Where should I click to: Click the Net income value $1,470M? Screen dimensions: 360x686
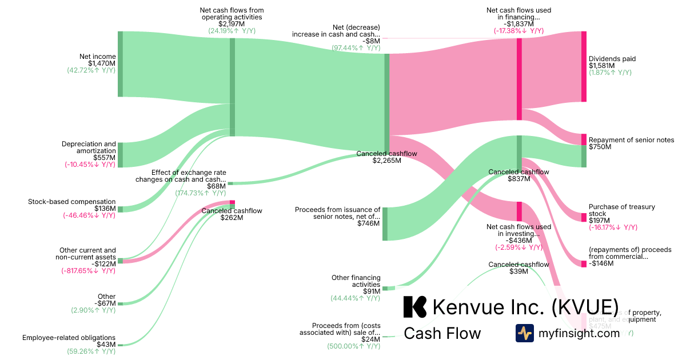pyautogui.click(x=102, y=63)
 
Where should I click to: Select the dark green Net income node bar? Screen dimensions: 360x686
pyautogui.click(x=120, y=64)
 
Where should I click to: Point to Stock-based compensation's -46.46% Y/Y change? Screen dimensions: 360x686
pyautogui.click(x=89, y=215)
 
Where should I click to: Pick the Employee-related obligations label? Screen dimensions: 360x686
pyautogui.click(x=69, y=338)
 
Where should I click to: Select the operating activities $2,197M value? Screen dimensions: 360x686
pyautogui.click(x=232, y=24)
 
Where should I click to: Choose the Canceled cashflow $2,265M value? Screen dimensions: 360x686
pyautogui.click(x=387, y=161)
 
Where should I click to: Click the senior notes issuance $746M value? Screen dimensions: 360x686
pyautogui.click(x=368, y=223)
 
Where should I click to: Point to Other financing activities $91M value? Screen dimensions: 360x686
pyautogui.click(x=369, y=291)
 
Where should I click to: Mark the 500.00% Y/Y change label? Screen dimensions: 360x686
pyautogui.click(x=353, y=346)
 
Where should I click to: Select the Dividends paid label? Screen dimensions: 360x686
pyautogui.click(x=612, y=59)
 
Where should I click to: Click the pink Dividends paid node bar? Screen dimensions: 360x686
pyautogui.click(x=584, y=66)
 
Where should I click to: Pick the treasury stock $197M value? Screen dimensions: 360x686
pyautogui.click(x=599, y=221)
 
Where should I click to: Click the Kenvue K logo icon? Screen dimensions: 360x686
pyautogui.click(x=414, y=307)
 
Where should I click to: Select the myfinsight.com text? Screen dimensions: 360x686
pyautogui.click(x=579, y=333)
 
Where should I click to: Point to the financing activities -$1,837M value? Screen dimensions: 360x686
pyautogui.click(x=519, y=24)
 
